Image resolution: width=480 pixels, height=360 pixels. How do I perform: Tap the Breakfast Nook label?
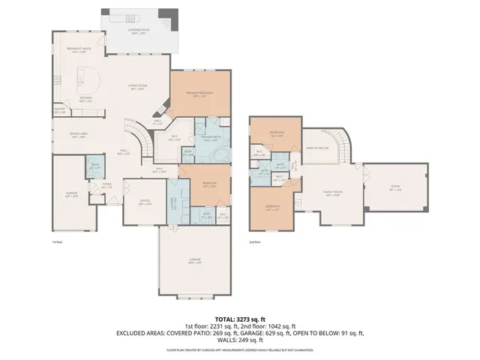[79, 50]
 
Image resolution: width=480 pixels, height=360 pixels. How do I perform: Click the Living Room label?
[137, 87]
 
